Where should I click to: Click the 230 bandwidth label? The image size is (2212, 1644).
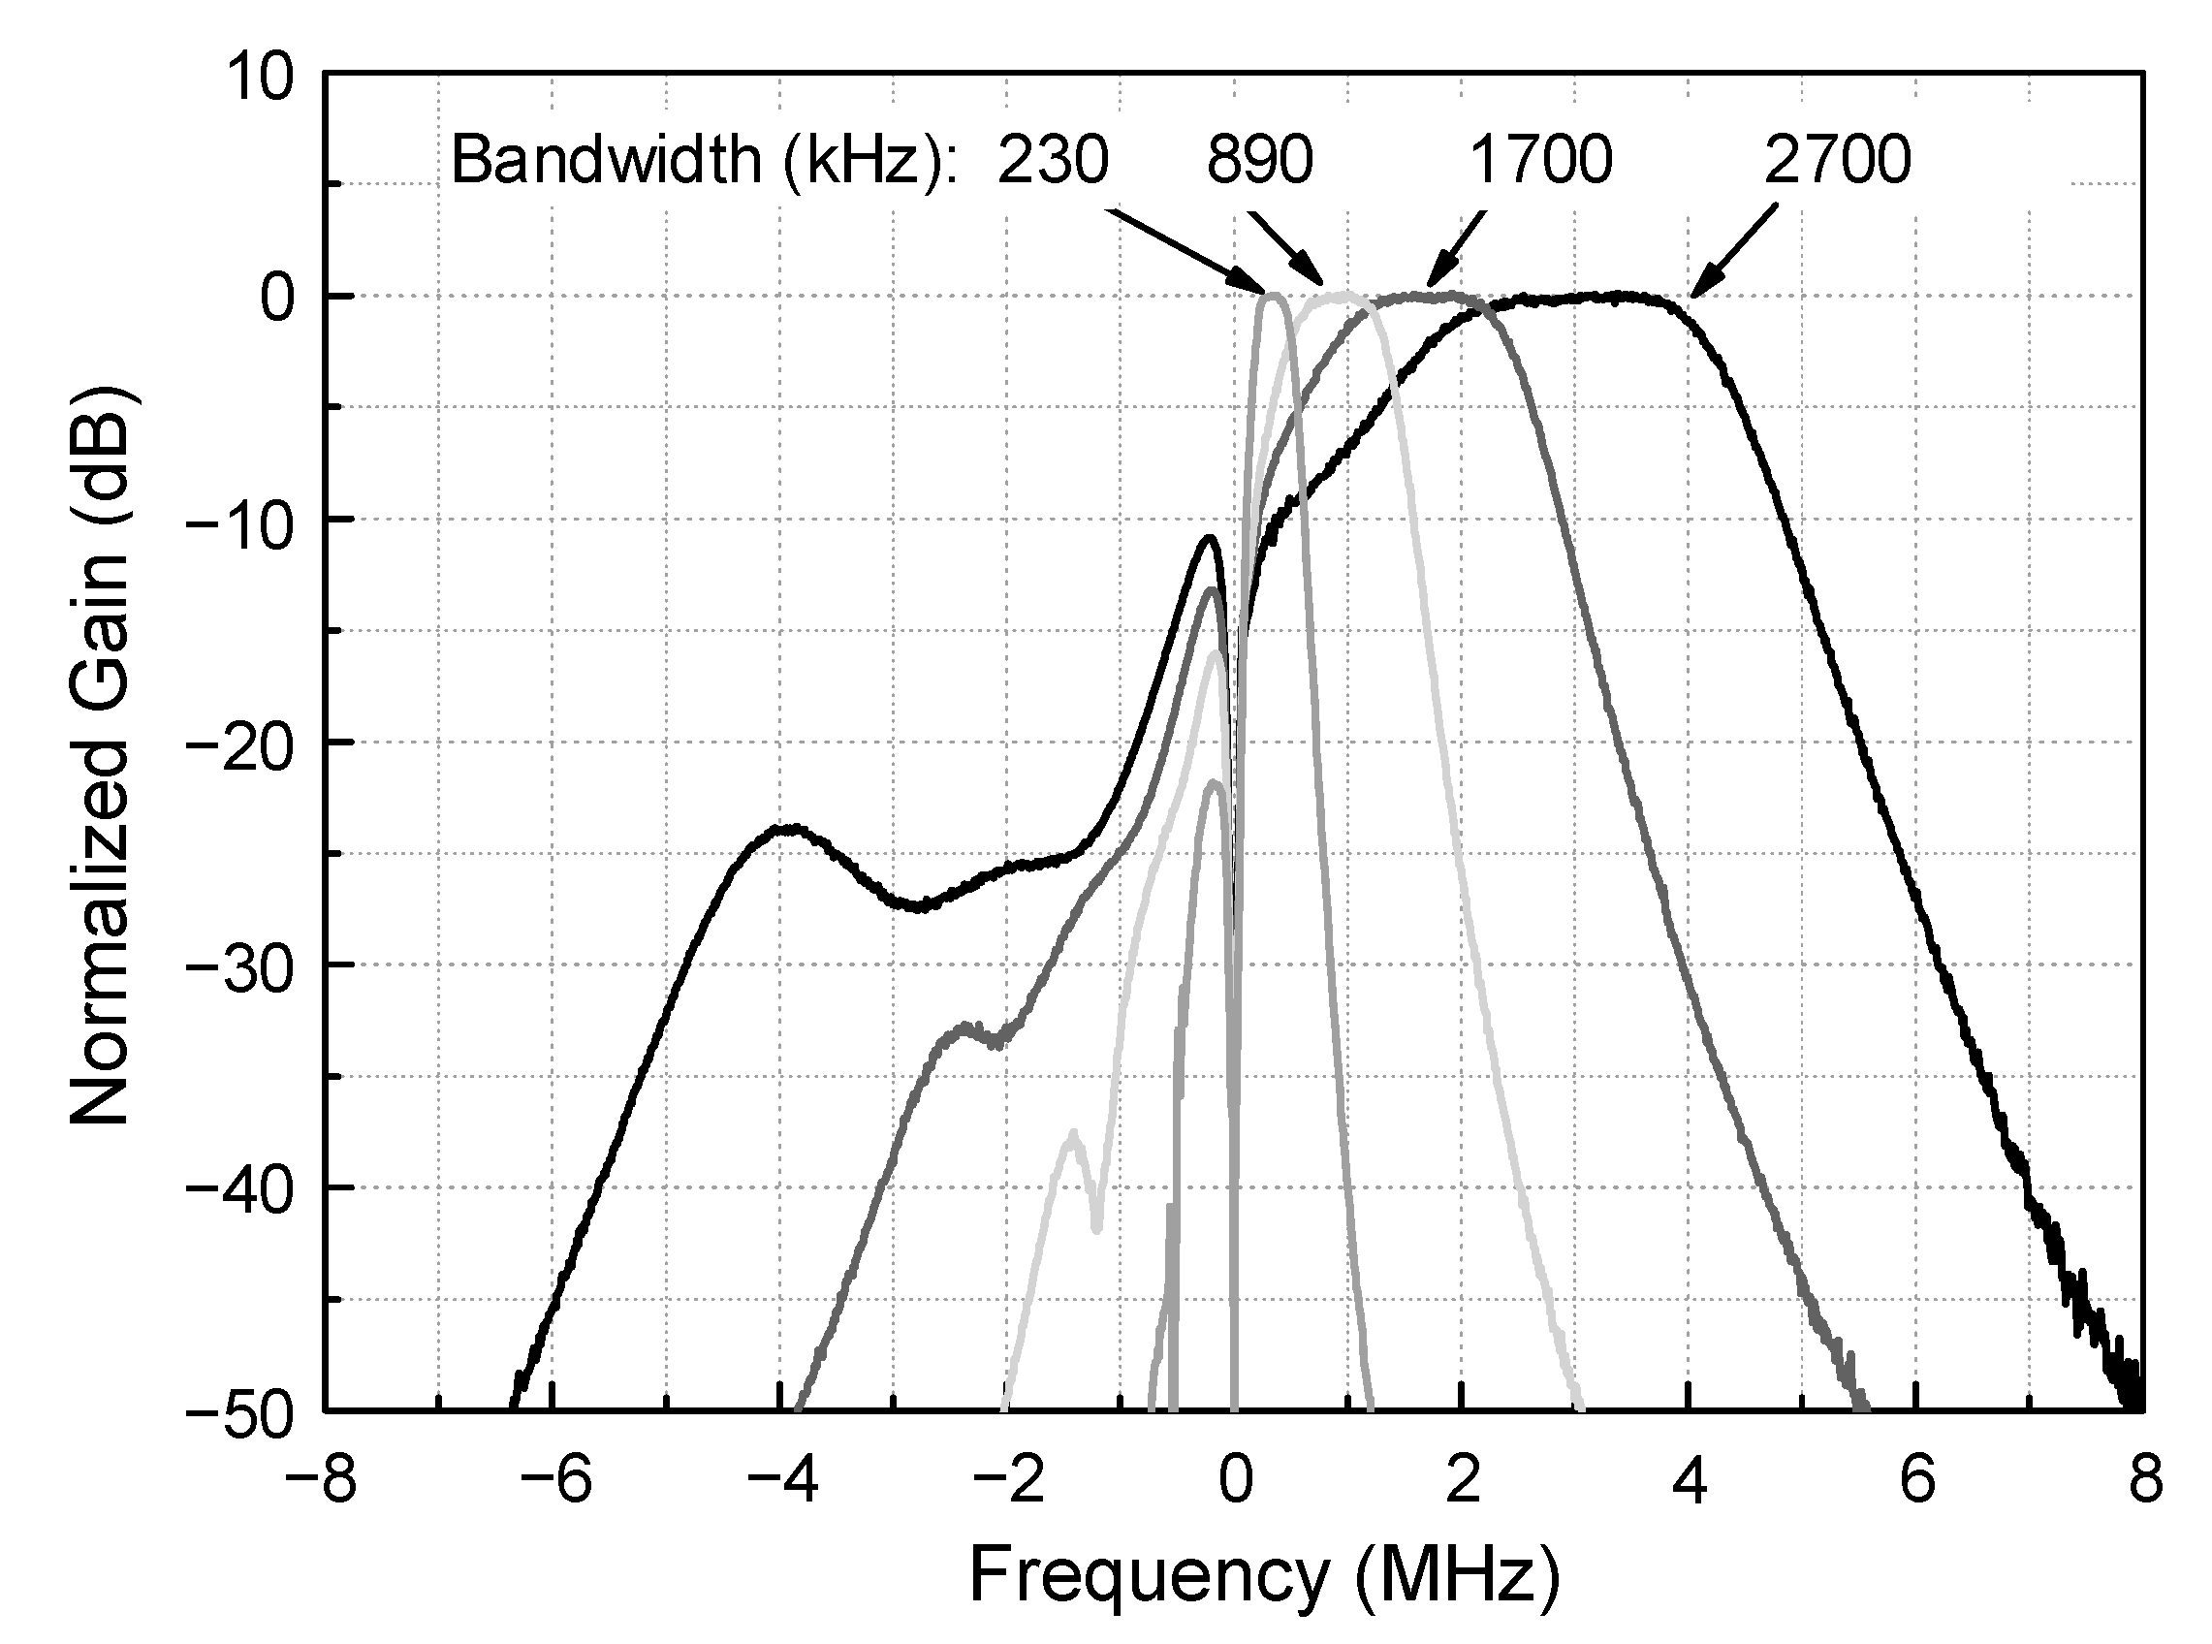[1052, 160]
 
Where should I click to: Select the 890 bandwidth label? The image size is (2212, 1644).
[1260, 160]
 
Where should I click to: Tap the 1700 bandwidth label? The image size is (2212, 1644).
[1539, 160]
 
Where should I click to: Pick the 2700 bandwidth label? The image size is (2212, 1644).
[1837, 160]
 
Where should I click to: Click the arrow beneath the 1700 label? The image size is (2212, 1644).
[1457, 249]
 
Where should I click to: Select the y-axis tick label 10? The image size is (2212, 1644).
[262, 77]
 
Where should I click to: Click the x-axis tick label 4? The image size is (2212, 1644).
[1689, 1481]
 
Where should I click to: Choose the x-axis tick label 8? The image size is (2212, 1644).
[2145, 1481]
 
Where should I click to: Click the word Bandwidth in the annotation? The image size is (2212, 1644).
[605, 160]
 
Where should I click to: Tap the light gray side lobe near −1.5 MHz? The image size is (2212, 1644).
[1072, 1135]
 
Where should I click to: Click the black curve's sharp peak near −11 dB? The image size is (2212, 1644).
[1209, 538]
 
